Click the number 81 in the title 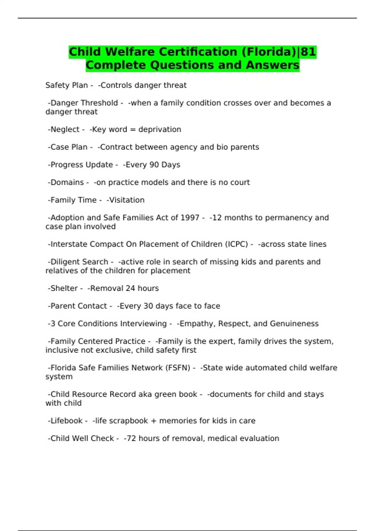(x=308, y=52)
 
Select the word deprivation (x=160, y=129)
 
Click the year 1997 (x=190, y=218)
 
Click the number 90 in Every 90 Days (x=154, y=165)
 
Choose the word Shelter (x=64, y=288)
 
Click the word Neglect (x=65, y=129)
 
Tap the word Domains (x=67, y=182)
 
